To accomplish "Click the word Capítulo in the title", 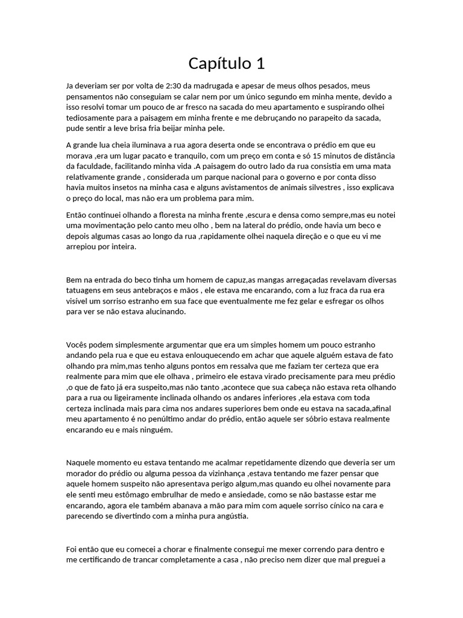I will pyautogui.click(x=217, y=63).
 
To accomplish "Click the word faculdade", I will pyautogui.click(x=85, y=166).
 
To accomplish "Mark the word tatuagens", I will pyautogui.click(x=84, y=291).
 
